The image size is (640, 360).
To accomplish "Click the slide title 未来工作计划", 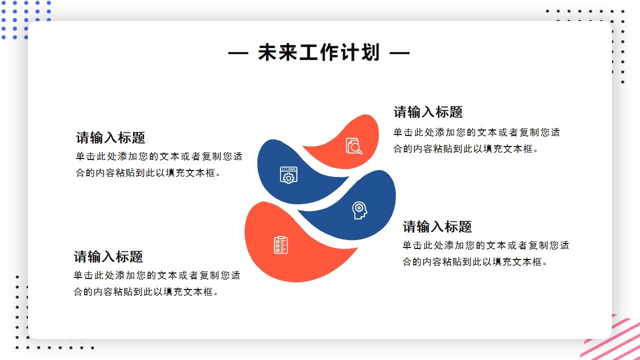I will point(319,52).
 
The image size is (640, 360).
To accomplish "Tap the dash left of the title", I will point(238,52).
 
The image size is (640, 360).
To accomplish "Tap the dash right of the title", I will point(399,52).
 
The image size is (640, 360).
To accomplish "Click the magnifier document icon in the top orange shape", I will point(354,145).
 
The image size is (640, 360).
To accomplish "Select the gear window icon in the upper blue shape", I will point(288,175).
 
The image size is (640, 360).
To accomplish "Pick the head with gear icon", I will point(359,210).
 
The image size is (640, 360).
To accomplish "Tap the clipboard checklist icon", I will point(281,244).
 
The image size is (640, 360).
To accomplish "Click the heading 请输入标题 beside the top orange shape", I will point(428,112).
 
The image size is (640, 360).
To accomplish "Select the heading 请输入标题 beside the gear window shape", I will point(110,137).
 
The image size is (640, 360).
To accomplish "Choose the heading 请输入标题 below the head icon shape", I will point(437,226).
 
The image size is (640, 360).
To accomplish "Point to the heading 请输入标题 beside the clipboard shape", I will point(108,256).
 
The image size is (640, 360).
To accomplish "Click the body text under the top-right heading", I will point(476,140).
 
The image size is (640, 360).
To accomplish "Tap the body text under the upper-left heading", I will point(159,164).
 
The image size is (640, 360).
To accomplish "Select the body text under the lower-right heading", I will point(486,253).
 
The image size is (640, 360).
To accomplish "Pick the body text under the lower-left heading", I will point(157,283).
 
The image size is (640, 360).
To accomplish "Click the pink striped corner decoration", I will point(615,337).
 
